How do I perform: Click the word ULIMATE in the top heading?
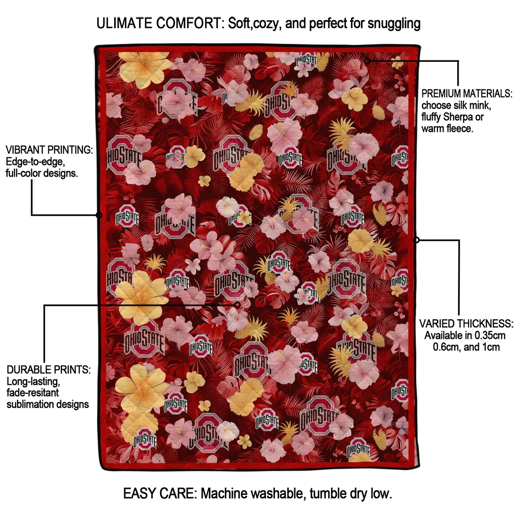pyautogui.click(x=125, y=23)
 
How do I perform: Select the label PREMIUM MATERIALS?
pyautogui.click(x=467, y=94)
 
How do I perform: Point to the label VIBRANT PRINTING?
pyautogui.click(x=49, y=150)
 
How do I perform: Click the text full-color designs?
pyautogui.click(x=42, y=174)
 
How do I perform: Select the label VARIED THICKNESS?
pyautogui.click(x=466, y=323)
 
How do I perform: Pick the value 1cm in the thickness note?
pyautogui.click(x=491, y=347)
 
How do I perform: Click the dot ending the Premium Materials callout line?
pyautogui.click(x=367, y=61)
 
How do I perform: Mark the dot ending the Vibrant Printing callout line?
pyautogui.click(x=99, y=215)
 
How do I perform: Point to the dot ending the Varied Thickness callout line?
pyautogui.click(x=416, y=240)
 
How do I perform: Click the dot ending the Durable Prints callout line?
pyautogui.click(x=237, y=304)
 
